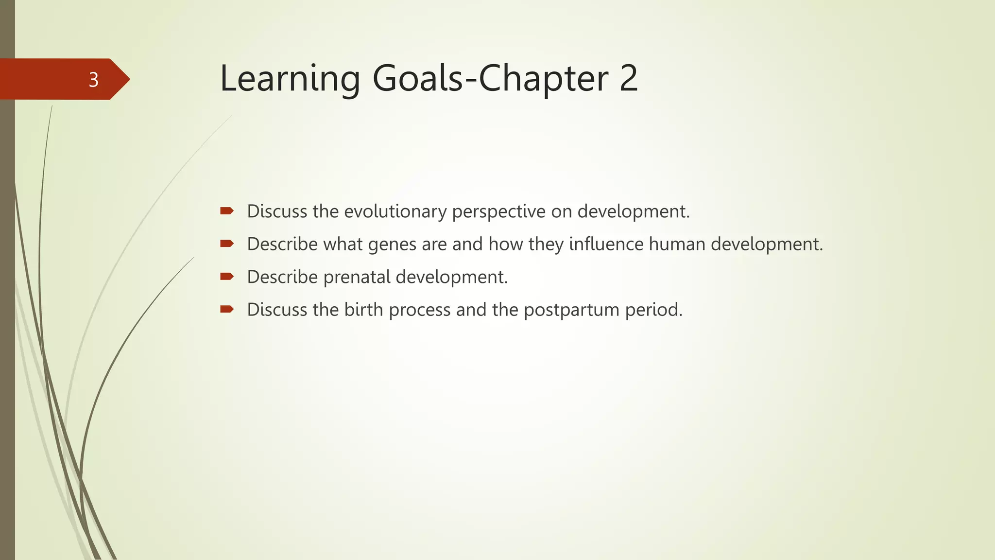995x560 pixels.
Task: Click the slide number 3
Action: click(94, 79)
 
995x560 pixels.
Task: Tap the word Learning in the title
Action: click(290, 78)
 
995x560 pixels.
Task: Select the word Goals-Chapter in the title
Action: click(490, 78)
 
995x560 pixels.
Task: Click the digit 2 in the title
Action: click(629, 78)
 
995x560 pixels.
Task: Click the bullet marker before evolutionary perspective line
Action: click(227, 210)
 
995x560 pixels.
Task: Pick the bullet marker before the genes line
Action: click(227, 243)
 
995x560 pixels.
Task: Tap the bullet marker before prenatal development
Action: click(227, 276)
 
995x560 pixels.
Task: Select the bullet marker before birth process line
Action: click(227, 309)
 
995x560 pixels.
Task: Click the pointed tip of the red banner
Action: click(128, 79)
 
